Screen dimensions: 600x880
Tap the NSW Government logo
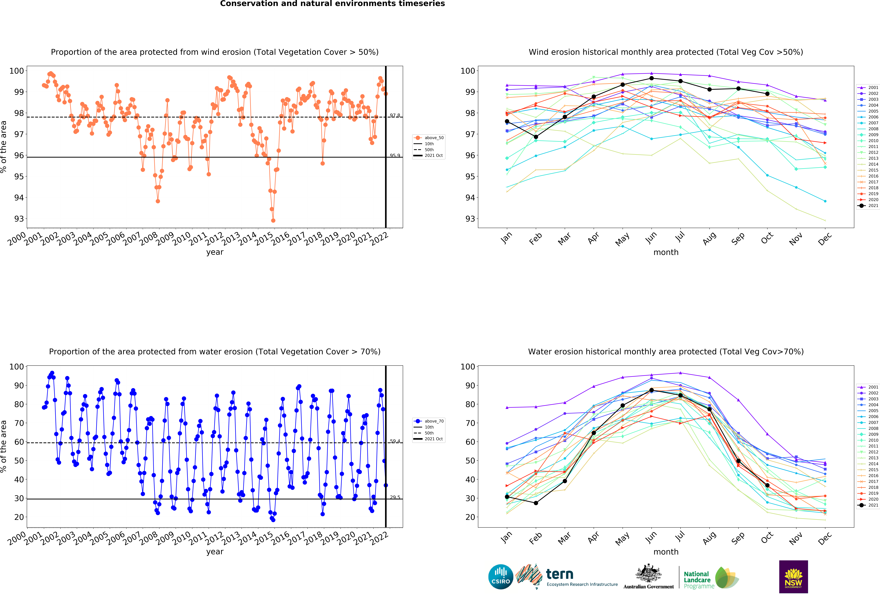coord(793,577)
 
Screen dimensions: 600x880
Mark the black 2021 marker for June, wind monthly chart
coord(651,78)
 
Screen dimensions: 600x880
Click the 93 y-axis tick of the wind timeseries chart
coord(19,219)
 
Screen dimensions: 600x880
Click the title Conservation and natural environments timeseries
coord(332,4)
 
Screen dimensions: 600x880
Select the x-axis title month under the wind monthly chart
coord(666,252)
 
